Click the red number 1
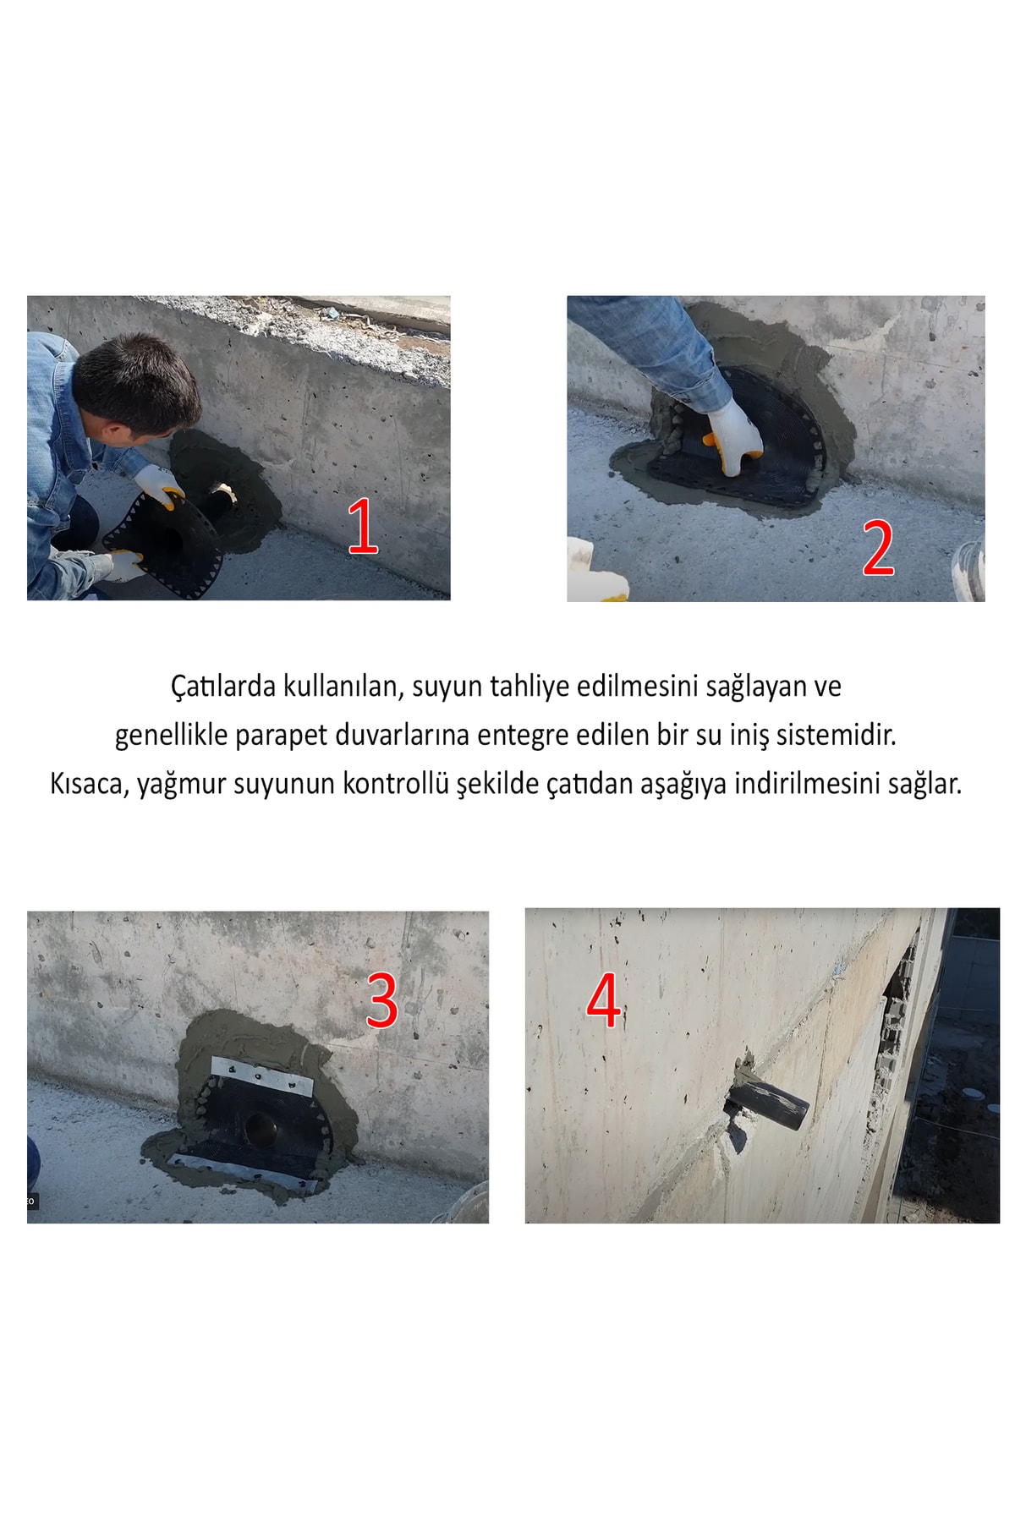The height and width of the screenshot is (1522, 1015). click(362, 526)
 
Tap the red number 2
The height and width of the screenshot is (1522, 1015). click(878, 548)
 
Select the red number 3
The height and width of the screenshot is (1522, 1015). click(381, 1000)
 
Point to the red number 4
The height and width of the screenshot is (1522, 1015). click(604, 1000)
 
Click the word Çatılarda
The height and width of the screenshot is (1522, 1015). click(223, 686)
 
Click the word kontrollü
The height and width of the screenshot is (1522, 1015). click(395, 784)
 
